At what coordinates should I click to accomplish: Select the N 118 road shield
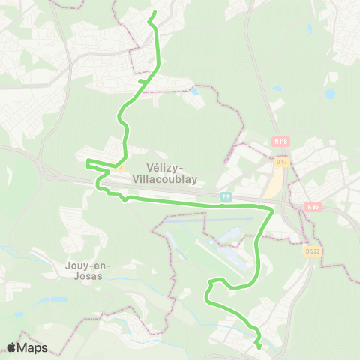click(281, 141)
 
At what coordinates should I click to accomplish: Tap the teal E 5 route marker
click(226, 196)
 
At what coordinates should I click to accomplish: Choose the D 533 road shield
click(313, 251)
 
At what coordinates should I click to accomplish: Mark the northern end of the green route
click(154, 13)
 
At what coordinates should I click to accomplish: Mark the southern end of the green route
click(259, 347)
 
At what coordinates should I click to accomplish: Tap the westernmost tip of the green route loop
click(87, 162)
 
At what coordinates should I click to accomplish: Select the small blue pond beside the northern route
click(195, 91)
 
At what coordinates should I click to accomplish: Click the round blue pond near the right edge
click(329, 95)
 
